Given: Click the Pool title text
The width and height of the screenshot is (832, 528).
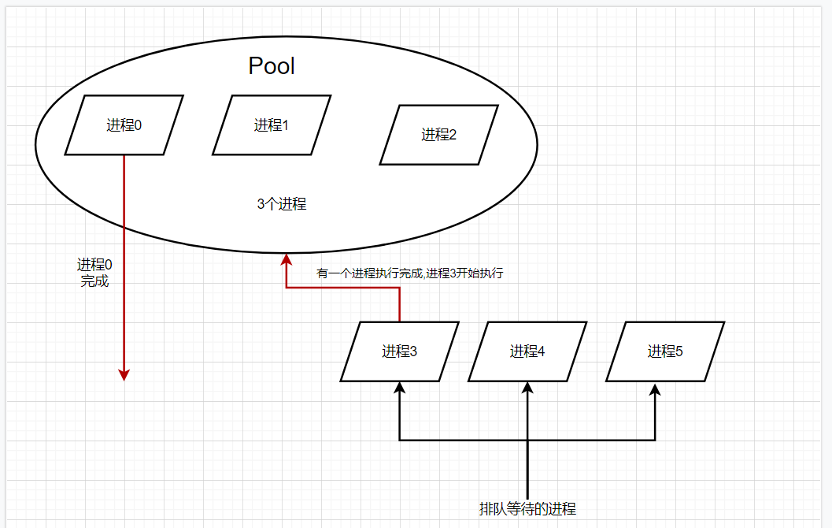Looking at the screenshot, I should tap(272, 65).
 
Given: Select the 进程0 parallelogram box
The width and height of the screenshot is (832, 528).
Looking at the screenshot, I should tap(124, 125).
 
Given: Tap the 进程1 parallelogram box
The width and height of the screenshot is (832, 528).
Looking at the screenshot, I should tap(272, 125).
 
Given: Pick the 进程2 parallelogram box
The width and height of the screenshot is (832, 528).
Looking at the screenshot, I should tap(438, 135).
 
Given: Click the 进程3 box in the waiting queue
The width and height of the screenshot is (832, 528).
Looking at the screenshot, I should tap(400, 351).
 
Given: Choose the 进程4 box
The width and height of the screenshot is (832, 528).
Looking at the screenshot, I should tap(527, 351).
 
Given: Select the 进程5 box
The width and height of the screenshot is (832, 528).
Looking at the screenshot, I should tap(665, 351).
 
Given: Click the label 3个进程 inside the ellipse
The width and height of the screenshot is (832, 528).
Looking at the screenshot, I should tap(281, 204).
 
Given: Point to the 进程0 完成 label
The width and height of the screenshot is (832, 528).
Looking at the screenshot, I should tap(94, 273).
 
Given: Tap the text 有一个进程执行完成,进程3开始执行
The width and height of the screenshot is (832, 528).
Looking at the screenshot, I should tap(409, 274).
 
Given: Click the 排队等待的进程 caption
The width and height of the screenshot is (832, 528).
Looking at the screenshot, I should tap(533, 508).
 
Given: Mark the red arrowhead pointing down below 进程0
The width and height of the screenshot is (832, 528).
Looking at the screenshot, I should tap(124, 374).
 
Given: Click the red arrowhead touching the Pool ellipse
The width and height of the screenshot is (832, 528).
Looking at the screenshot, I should tap(287, 259).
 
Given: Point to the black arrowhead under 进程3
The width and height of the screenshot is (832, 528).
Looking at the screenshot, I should tap(400, 387).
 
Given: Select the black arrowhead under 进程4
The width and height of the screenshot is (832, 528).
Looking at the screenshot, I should tap(527, 387).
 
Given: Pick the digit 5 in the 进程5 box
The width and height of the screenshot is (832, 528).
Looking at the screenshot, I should tap(679, 351).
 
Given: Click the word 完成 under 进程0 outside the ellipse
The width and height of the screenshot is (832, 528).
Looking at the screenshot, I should tap(94, 281).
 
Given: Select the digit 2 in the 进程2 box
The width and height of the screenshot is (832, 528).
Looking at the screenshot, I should tap(453, 135).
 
